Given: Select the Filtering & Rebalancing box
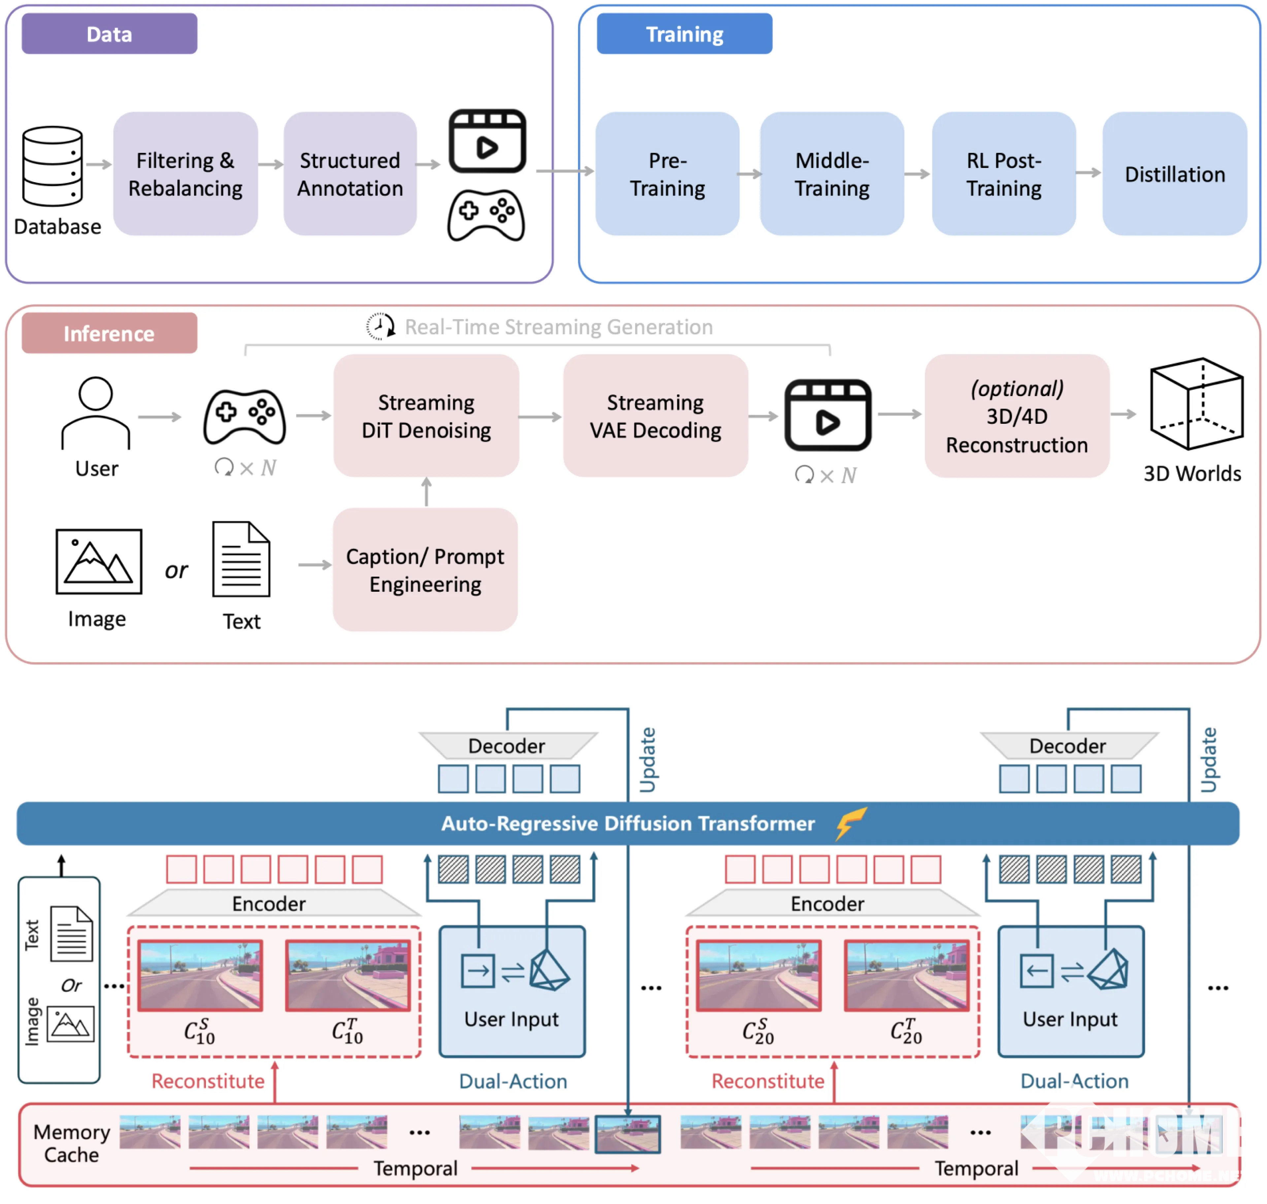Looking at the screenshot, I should pyautogui.click(x=185, y=174).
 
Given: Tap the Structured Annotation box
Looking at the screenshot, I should pyautogui.click(x=350, y=174).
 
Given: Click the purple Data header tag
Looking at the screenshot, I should pyautogui.click(x=109, y=34).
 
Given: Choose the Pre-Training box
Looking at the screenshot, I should pyautogui.click(x=667, y=174).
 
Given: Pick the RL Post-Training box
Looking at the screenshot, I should pyautogui.click(x=1003, y=174).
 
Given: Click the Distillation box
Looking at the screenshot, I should pyautogui.click(x=1174, y=174).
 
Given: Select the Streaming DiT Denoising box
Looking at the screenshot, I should pyautogui.click(x=426, y=416).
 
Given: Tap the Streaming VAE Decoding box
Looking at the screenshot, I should pyautogui.click(x=655, y=416).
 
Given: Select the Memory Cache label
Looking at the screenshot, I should pyautogui.click(x=71, y=1143).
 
